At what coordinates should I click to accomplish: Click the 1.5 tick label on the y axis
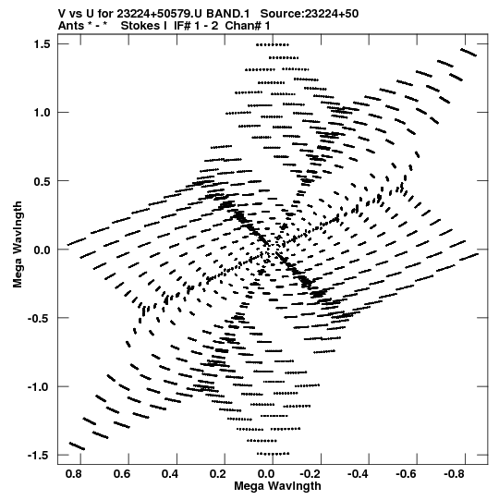coord(43,44)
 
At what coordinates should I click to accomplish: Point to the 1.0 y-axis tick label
coord(43,113)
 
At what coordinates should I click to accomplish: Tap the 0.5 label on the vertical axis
coord(43,181)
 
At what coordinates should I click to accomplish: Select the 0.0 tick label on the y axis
coord(43,250)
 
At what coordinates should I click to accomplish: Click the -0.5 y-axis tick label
coord(39,318)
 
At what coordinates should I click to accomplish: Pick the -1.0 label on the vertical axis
coord(39,387)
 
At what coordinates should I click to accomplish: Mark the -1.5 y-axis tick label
coord(39,456)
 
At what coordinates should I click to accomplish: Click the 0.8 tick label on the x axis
coord(74,474)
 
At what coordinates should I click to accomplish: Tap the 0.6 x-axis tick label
coord(122,474)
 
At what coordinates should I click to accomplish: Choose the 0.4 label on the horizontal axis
coord(170,474)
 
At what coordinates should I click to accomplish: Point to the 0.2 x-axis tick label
coord(218,474)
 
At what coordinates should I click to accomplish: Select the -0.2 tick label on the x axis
coord(310,474)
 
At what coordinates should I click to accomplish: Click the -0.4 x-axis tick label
coord(358,474)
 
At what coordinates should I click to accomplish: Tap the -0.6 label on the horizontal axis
coord(407,474)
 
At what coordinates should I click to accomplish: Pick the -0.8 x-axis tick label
coord(455,474)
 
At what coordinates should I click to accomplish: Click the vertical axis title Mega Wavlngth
coord(18,245)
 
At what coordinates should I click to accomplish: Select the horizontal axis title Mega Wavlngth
coord(277,486)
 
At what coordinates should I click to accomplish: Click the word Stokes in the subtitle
coord(141,26)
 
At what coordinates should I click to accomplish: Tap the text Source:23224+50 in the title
coord(310,14)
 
